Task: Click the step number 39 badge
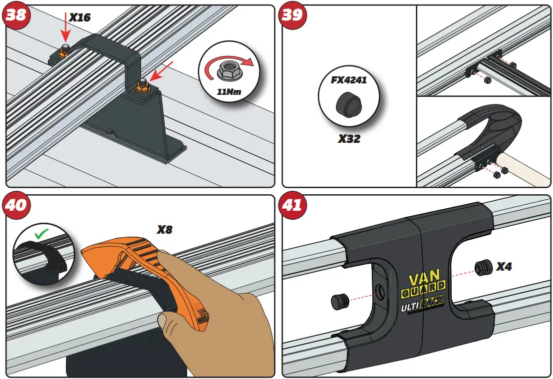click(x=292, y=15)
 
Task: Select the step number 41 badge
click(x=292, y=205)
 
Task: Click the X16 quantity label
click(x=79, y=17)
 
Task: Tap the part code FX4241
click(x=349, y=80)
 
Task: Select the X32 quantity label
click(x=348, y=139)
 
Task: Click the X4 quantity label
click(x=504, y=267)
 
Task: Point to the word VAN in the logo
click(x=424, y=280)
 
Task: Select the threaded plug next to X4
click(x=482, y=267)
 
